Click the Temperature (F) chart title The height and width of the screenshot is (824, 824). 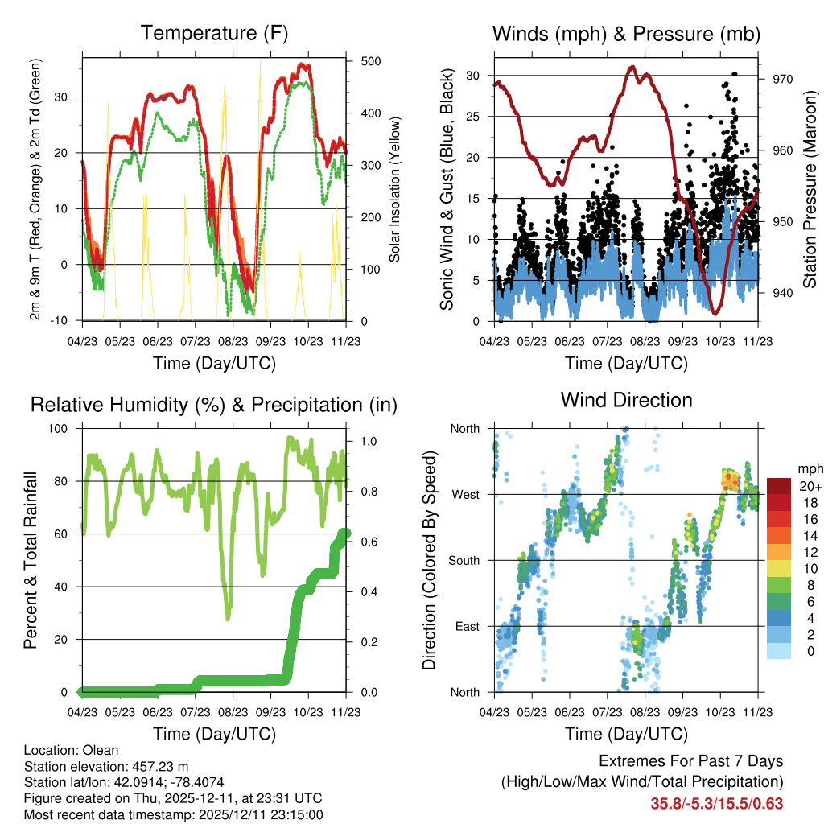(x=214, y=34)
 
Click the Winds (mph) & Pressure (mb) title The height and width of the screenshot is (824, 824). (x=626, y=34)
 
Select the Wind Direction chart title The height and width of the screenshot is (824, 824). (x=626, y=400)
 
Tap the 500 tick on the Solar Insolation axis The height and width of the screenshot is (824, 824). (x=371, y=61)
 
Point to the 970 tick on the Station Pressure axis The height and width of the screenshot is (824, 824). (x=783, y=79)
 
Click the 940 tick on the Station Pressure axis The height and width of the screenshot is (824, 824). (x=783, y=293)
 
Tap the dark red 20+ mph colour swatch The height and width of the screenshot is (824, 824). (x=779, y=485)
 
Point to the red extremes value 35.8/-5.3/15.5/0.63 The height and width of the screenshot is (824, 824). (x=716, y=804)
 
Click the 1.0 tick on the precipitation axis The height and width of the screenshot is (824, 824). (x=369, y=441)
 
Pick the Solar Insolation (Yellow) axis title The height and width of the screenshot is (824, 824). (x=395, y=189)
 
